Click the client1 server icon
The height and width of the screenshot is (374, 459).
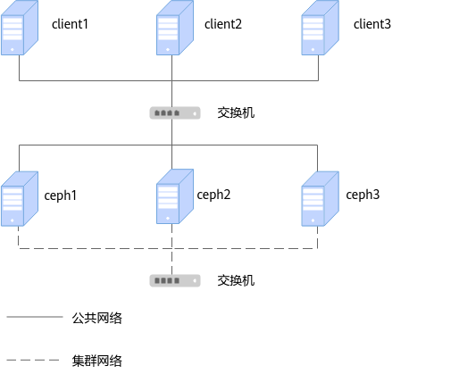pos(20,28)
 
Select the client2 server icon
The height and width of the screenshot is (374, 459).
pos(175,28)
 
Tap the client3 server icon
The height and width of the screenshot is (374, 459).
pos(321,28)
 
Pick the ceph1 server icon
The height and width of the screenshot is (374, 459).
pos(20,199)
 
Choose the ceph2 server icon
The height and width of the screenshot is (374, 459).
pos(175,196)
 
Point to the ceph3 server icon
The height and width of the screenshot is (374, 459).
pos(321,199)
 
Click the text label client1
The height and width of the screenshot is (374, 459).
pos(70,24)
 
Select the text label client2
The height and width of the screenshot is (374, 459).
pos(223,24)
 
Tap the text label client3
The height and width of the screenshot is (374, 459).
pos(372,24)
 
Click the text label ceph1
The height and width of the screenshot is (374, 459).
pos(61,196)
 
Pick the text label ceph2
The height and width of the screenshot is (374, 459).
pos(213,195)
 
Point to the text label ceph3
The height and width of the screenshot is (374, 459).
pos(363,195)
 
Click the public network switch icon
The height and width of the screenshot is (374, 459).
pos(175,113)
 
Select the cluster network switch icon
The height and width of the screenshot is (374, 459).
pos(175,280)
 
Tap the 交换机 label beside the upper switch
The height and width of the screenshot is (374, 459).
pos(236,112)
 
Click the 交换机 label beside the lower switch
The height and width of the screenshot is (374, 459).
pos(236,280)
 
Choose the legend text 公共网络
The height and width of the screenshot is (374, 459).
pos(97,318)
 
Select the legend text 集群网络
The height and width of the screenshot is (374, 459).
pos(97,361)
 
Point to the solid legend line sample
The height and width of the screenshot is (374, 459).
pos(35,317)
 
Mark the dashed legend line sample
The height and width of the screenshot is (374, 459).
pos(33,360)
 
